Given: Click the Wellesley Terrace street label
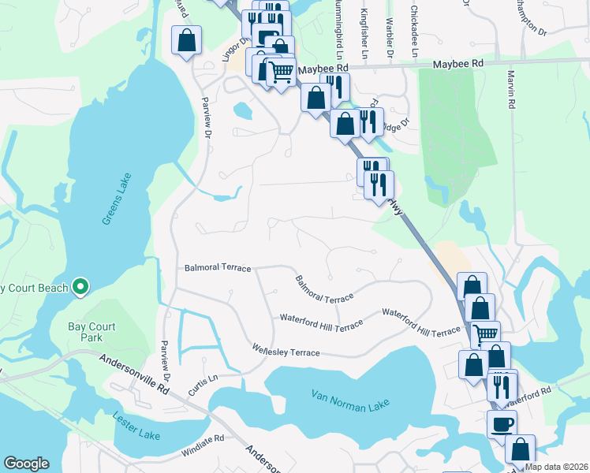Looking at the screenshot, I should point(286,350).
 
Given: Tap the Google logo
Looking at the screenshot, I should point(26,464).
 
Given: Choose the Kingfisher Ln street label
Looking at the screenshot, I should point(364,35).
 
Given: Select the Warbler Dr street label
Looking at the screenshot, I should point(389,39).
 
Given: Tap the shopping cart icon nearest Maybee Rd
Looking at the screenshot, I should point(280,72).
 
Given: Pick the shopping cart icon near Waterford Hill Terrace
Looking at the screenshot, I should point(485,334).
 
